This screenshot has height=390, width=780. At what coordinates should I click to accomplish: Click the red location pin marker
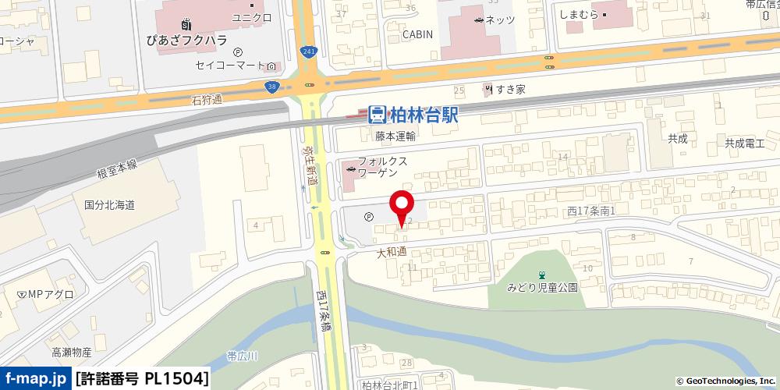pos(402,204)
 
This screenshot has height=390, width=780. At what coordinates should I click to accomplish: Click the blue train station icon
pos(377,115)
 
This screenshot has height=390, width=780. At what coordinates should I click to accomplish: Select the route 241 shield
pos(310,51)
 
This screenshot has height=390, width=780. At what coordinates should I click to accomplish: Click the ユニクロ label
pos(252,16)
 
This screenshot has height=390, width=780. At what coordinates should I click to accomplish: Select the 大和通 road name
pos(392,252)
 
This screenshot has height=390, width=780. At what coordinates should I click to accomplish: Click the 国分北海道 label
pos(110,205)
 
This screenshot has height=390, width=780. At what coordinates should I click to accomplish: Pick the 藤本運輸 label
pos(395,136)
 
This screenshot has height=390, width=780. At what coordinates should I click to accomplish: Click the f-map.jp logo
pos(36,378)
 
